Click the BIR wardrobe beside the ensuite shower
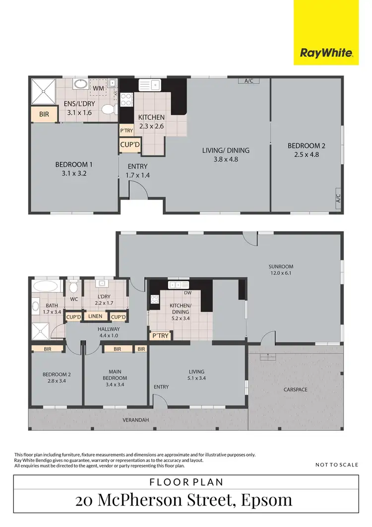click(44, 114)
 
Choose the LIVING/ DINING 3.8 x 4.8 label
click(225, 154)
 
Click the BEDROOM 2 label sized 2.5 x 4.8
click(307, 150)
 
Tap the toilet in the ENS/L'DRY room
click(108, 109)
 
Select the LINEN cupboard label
click(96, 317)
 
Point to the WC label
click(74, 299)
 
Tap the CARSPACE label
click(295, 390)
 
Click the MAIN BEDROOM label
click(116, 375)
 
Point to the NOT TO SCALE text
click(336, 465)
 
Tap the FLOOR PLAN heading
click(186, 481)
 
